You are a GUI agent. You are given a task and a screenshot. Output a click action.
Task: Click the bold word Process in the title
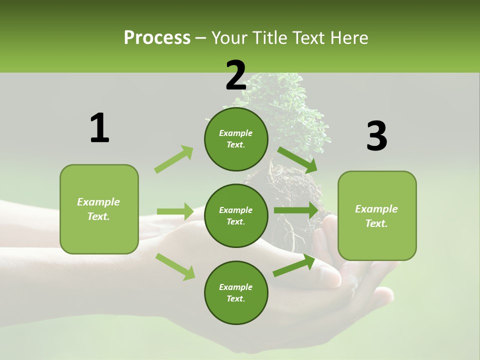[157, 38]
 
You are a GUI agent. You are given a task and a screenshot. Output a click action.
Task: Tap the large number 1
[99, 128]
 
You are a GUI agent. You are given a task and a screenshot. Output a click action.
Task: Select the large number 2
[236, 75]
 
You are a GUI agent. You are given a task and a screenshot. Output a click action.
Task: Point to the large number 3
[376, 136]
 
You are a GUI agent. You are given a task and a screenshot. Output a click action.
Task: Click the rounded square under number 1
[99, 209]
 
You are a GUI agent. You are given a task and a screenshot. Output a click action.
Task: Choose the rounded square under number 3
[377, 216]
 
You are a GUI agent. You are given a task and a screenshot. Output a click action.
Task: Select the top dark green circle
[236, 139]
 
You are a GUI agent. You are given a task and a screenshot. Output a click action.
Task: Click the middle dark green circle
[236, 216]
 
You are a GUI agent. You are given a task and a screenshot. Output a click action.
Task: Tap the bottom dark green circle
[236, 293]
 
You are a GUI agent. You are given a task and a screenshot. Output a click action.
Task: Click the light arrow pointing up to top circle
[174, 159]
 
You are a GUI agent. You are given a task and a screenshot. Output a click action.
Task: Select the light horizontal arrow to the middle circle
[175, 211]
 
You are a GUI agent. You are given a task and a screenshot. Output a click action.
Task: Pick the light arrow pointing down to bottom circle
[175, 266]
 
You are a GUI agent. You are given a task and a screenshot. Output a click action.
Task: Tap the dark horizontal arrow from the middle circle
[296, 210]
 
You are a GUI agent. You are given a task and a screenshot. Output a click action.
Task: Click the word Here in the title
[349, 38]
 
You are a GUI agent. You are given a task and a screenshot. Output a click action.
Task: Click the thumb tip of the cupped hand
[332, 277]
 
